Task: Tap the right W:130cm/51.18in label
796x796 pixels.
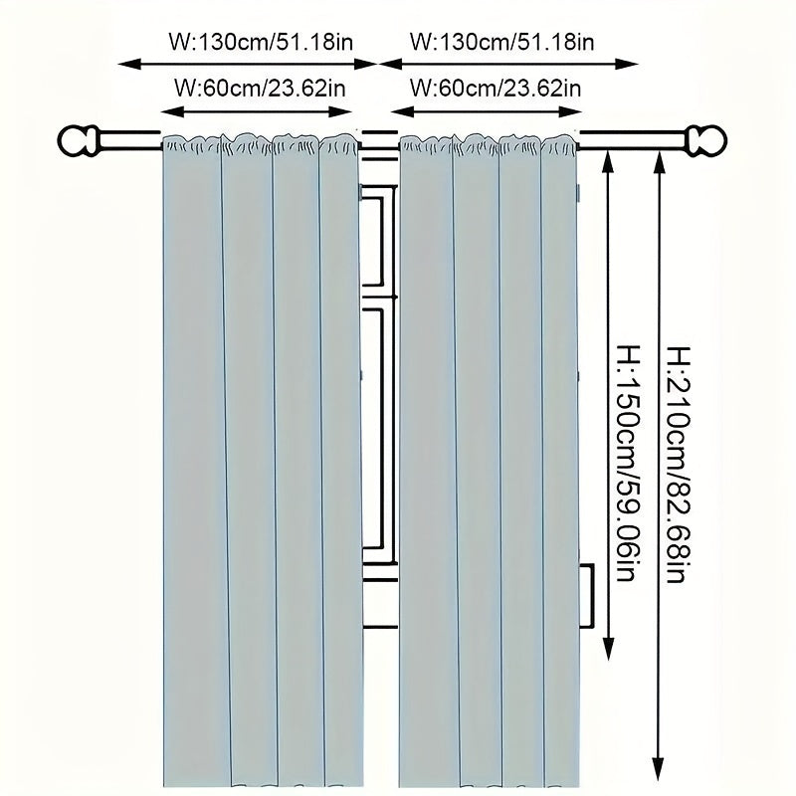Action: click(x=503, y=41)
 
